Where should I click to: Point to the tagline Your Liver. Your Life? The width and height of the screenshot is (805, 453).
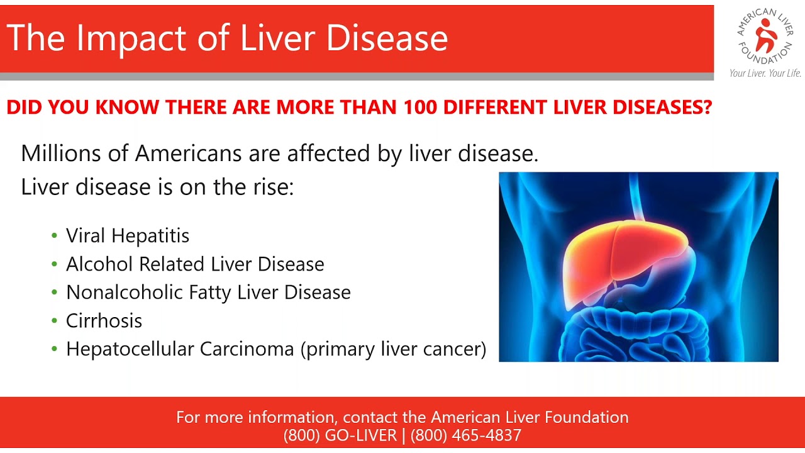click(x=765, y=74)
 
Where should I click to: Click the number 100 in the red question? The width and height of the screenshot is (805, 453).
click(x=420, y=107)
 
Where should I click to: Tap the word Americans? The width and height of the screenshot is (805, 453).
click(x=188, y=153)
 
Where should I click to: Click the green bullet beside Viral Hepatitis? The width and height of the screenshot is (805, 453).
click(x=55, y=236)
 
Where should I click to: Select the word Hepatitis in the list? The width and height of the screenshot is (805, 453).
click(x=150, y=236)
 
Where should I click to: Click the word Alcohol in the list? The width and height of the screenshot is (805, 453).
click(x=99, y=264)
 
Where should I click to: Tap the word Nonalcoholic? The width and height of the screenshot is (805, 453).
click(x=125, y=292)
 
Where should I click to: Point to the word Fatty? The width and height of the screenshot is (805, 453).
click(x=210, y=293)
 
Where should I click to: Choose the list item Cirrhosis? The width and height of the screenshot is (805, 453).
click(x=104, y=320)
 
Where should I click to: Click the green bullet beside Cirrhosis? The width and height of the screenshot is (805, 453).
click(x=55, y=320)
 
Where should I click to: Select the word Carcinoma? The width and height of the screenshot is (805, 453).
click(x=247, y=349)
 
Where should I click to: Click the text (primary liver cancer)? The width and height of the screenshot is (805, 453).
click(x=394, y=349)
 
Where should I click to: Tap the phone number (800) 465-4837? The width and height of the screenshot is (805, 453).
click(x=466, y=435)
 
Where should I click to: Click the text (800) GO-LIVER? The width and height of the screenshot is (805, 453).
click(x=340, y=435)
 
